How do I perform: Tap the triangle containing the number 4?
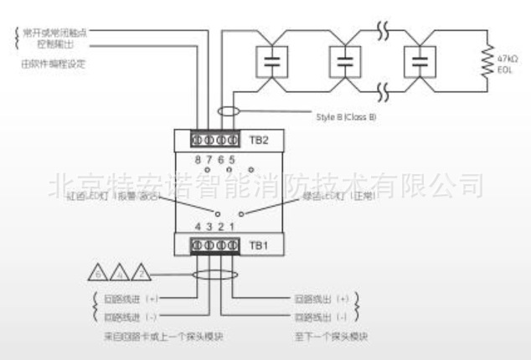pos(120,273)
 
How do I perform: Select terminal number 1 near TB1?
pos(230,227)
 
